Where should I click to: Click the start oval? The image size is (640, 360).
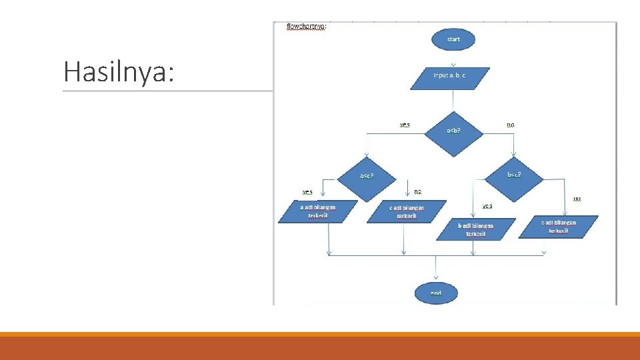tap(453, 39)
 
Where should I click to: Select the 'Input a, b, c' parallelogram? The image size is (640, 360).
tap(450, 78)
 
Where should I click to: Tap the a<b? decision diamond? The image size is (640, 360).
tap(453, 131)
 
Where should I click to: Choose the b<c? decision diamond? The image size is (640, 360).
tap(514, 175)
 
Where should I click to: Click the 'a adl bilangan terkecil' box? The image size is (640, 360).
tap(317, 211)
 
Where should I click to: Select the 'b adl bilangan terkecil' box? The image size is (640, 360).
tap(476, 230)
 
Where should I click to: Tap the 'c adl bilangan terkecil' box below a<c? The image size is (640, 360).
tap(406, 212)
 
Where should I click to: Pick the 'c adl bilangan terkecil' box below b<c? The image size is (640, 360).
tap(559, 226)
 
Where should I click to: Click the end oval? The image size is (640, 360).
tap(436, 293)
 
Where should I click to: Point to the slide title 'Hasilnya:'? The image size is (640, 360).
tap(119, 71)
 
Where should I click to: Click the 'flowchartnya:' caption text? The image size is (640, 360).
tap(306, 27)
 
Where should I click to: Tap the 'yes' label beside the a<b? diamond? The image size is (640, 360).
tap(405, 125)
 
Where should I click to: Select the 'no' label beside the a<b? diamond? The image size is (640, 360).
tap(511, 125)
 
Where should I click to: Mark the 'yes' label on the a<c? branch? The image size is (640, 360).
tap(307, 193)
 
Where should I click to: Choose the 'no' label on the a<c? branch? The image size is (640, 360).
tap(418, 192)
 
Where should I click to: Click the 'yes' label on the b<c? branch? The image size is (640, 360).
tap(487, 207)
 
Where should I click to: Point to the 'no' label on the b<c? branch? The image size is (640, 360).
tap(577, 199)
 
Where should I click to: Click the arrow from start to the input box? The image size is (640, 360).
tap(453, 58)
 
